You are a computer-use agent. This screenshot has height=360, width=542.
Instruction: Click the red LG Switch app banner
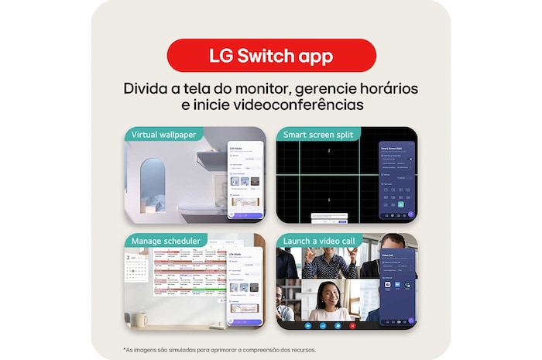271,56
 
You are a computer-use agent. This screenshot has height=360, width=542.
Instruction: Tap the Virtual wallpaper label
163,134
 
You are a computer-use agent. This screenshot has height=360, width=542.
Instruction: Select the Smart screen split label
318,134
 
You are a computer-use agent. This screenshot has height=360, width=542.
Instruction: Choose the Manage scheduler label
166,240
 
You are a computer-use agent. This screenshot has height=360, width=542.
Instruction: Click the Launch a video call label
320,240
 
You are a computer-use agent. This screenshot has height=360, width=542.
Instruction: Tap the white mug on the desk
140,319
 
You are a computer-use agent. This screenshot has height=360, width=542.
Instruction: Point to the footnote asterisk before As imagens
124,350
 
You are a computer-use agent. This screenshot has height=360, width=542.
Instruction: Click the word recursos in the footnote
298,350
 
